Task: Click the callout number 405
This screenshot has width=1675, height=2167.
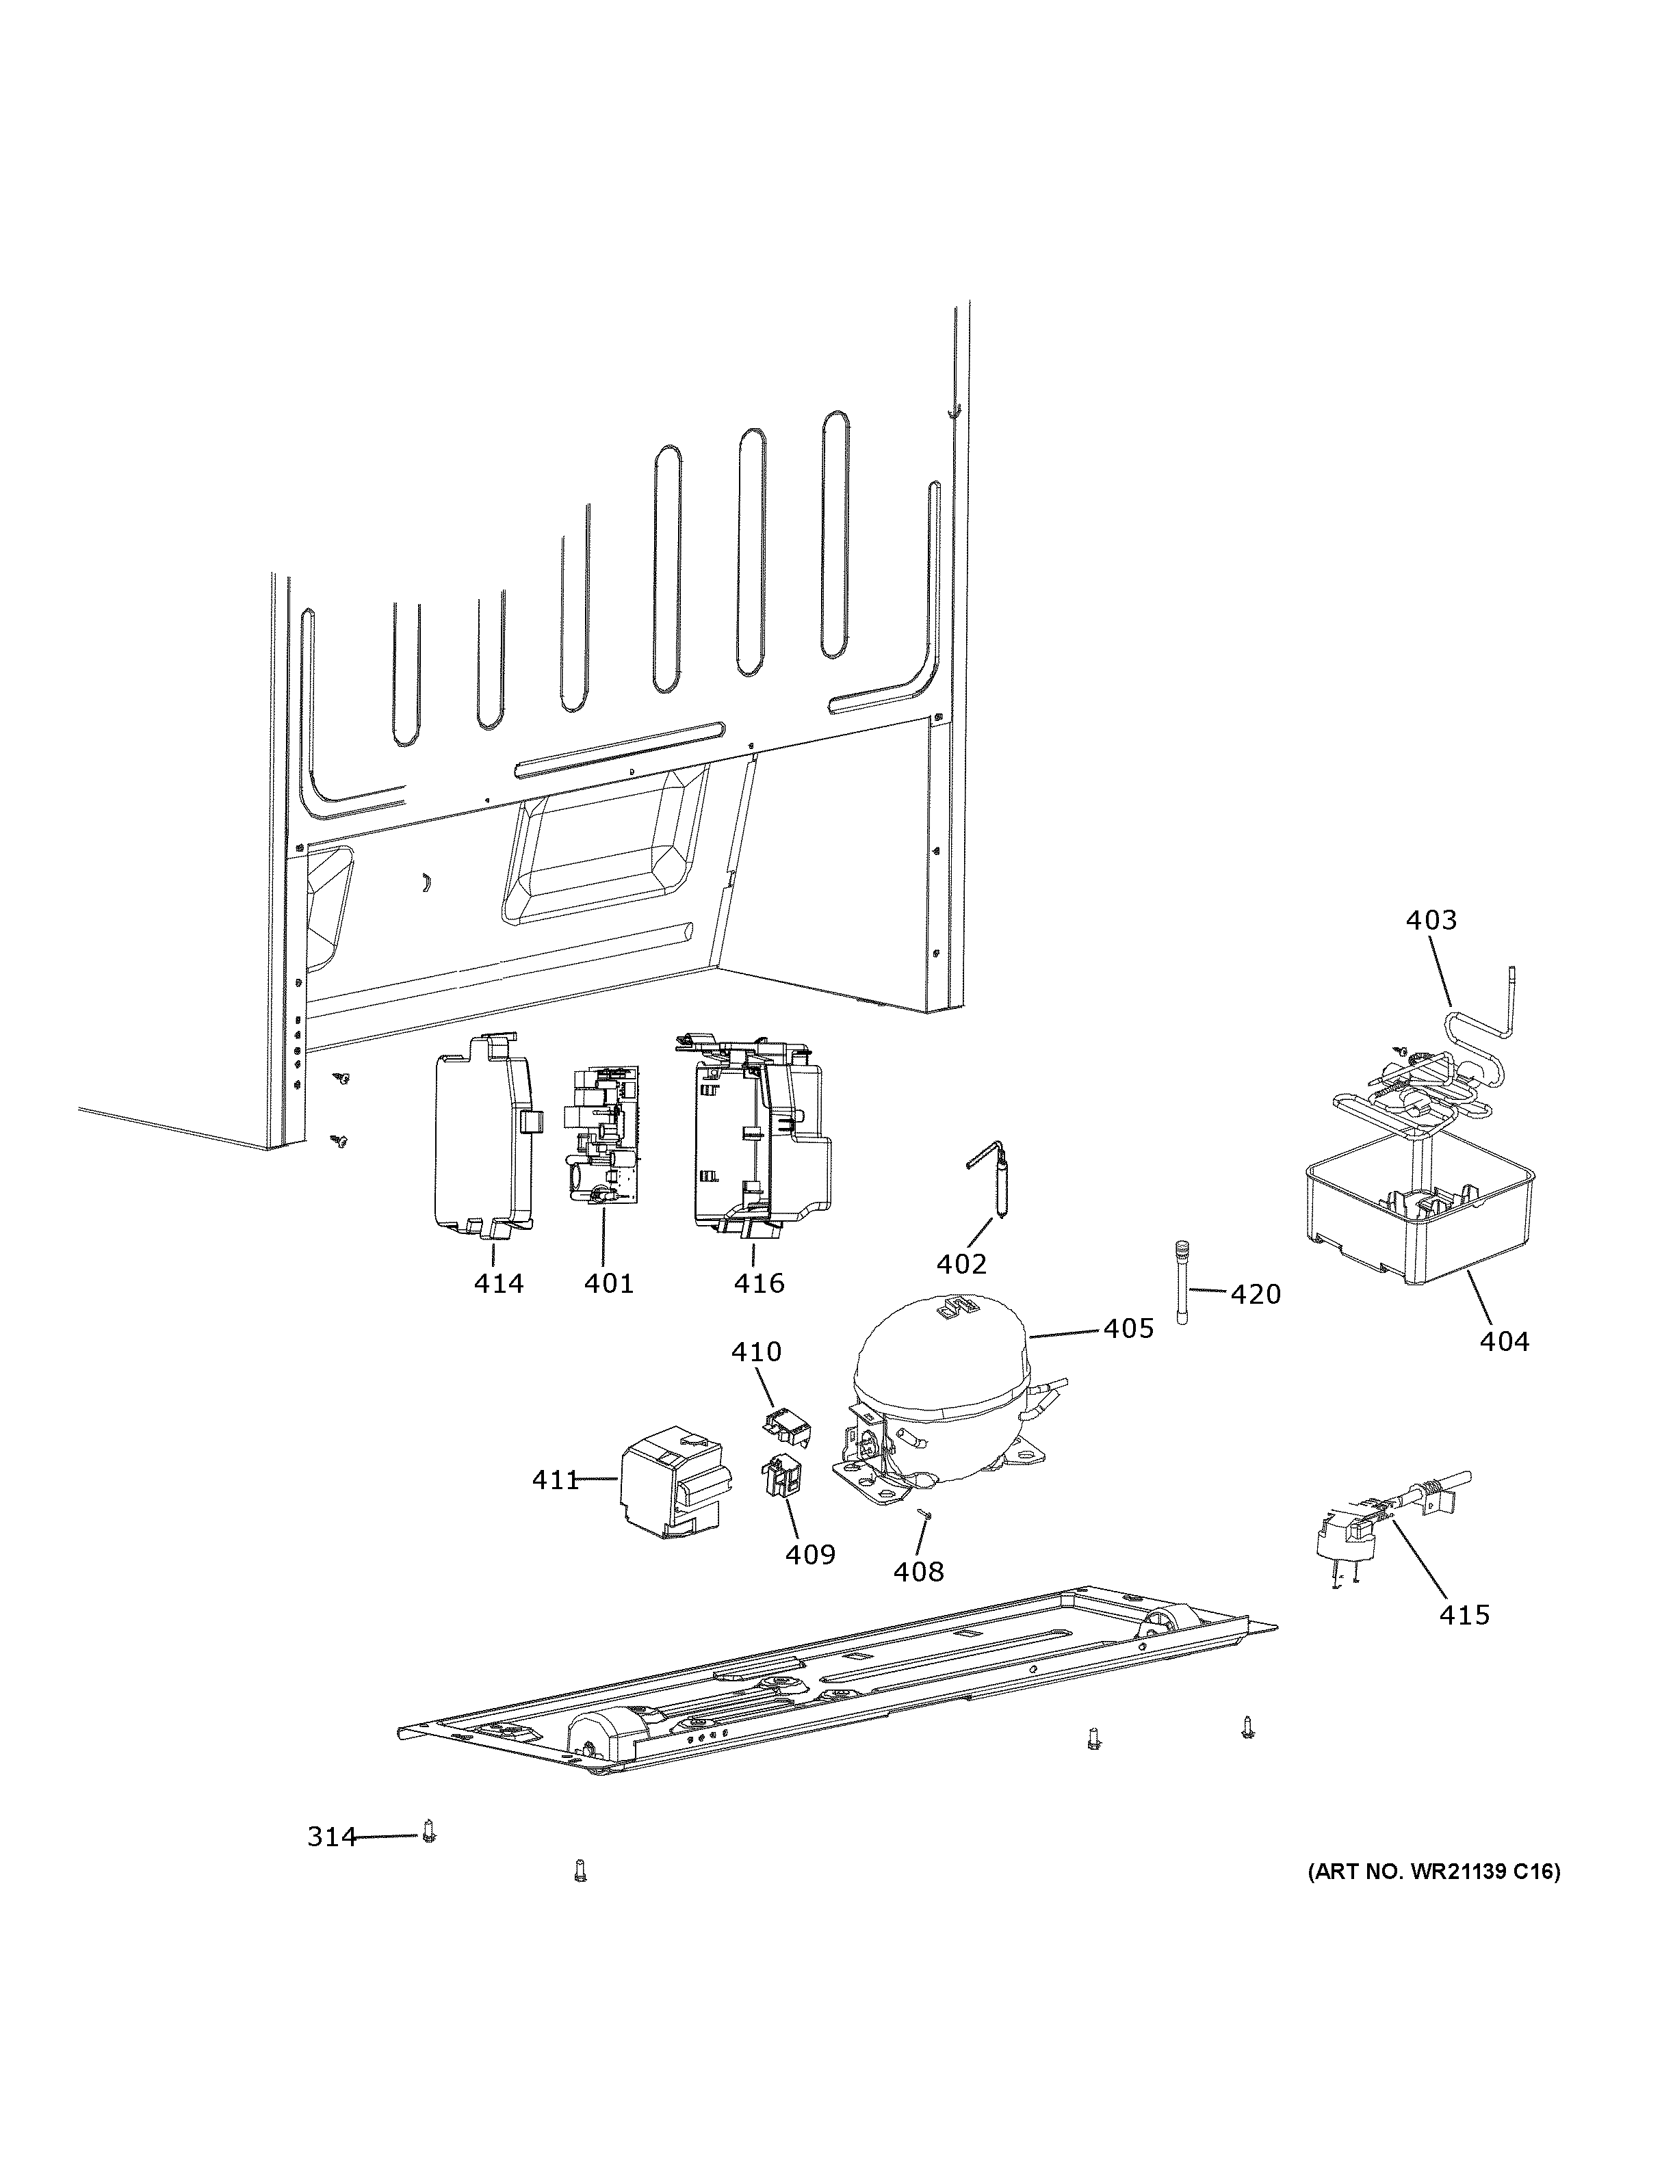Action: coord(1128,1328)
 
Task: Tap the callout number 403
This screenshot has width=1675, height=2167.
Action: coord(1431,920)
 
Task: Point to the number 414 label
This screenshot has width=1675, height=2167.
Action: coord(498,1283)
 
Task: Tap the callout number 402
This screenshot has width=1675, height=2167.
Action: coord(961,1264)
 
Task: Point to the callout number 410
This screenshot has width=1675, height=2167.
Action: coord(756,1352)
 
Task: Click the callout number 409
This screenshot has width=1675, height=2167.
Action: coord(809,1554)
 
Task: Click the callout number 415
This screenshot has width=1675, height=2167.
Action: coord(1465,1614)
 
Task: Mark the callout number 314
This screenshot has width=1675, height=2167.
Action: coord(331,1837)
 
